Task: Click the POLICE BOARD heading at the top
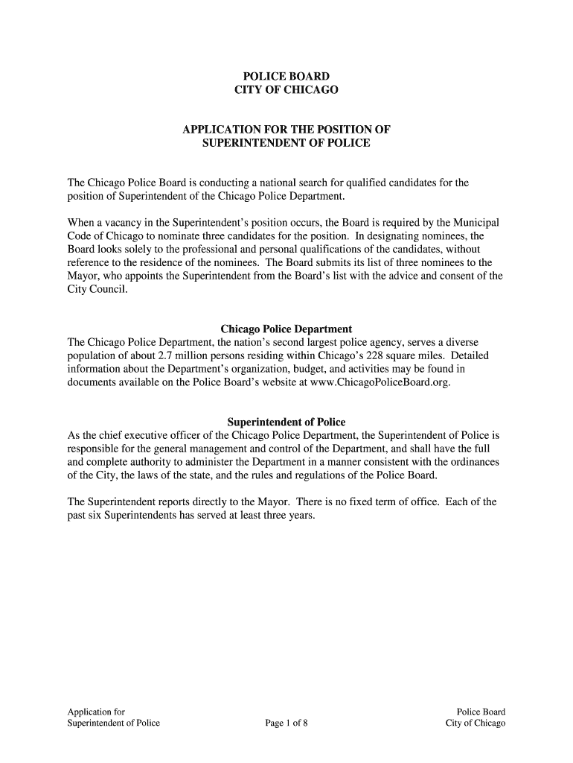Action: pos(286,76)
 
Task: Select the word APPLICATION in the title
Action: pos(220,130)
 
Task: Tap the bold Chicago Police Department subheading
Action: pos(286,329)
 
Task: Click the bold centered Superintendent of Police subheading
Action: pos(286,422)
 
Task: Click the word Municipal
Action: pos(476,223)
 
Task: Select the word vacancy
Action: pos(114,223)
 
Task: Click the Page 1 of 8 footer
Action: pos(286,723)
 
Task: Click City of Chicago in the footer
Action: pos(476,723)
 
